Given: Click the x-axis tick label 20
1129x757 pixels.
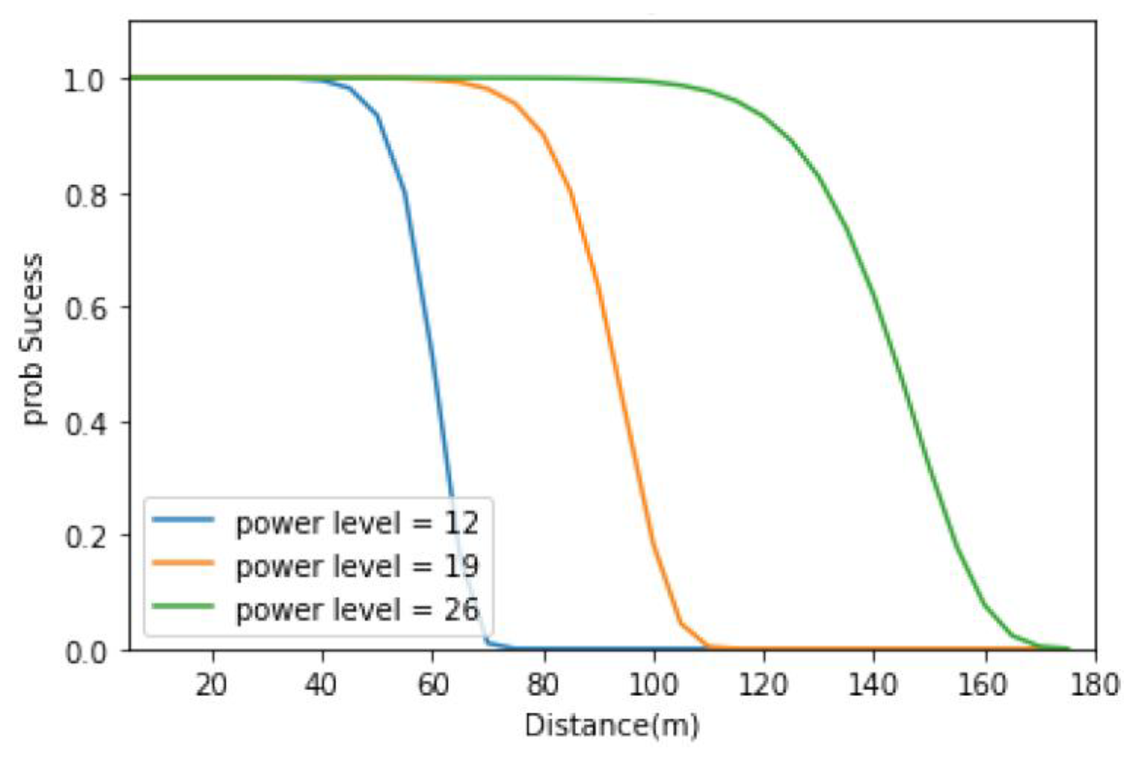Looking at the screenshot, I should tap(211, 685).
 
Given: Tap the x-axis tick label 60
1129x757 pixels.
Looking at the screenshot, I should tap(433, 685).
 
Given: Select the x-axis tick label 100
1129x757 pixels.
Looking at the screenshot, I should tap(653, 685).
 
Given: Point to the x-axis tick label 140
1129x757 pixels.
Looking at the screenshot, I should tap(873, 685).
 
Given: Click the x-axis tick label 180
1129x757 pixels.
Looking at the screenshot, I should tap(1095, 685).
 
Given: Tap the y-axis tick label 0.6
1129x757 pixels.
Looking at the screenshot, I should tap(85, 309).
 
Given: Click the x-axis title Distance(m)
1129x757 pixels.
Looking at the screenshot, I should tap(612, 726).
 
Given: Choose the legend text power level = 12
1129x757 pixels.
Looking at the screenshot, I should tap(357, 523).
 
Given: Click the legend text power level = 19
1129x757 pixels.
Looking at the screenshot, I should tap(357, 566).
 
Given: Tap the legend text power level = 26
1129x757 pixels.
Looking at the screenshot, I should tap(357, 609).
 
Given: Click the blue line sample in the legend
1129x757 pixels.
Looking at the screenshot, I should tap(183, 520).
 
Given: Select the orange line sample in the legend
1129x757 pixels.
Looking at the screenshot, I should tap(183, 563).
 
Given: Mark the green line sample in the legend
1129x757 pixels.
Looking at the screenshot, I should tap(183, 606).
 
